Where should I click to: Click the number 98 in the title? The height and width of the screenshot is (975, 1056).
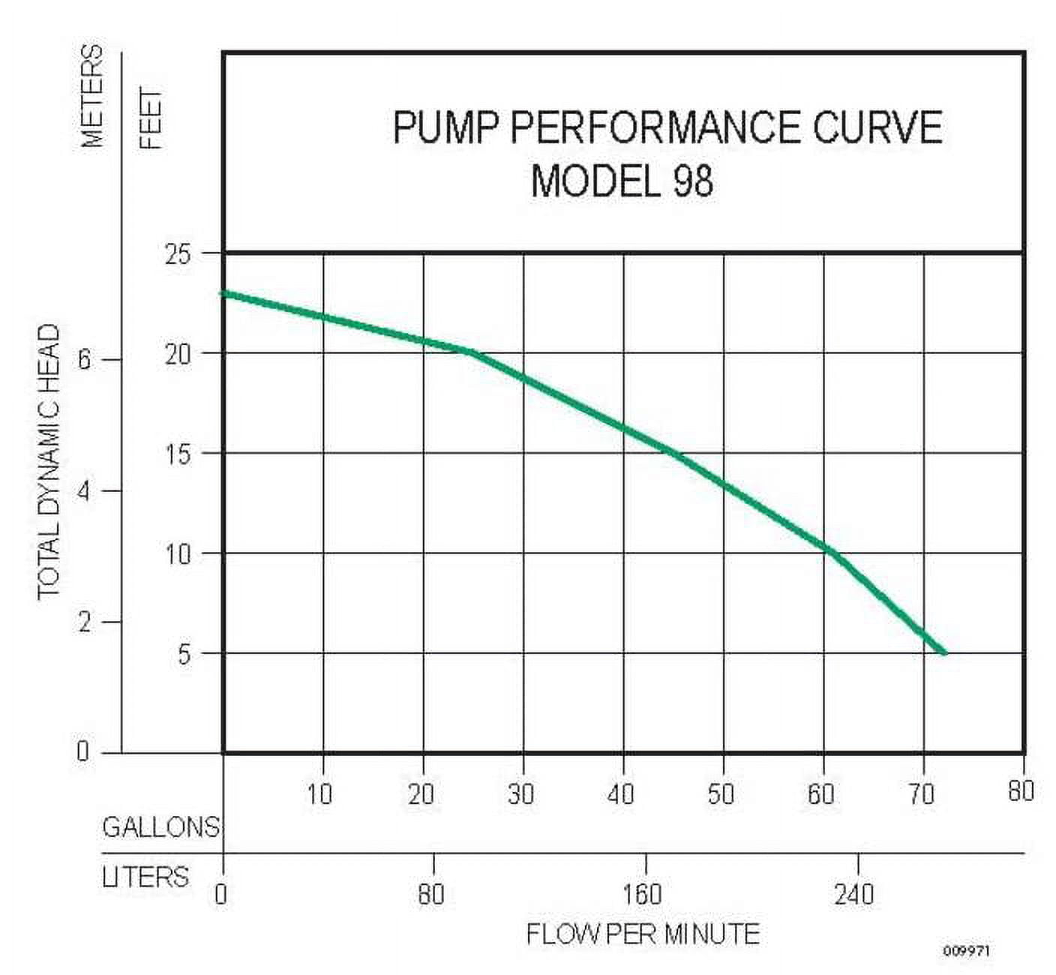click(x=692, y=181)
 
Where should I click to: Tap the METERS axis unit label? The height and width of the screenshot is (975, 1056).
click(x=91, y=95)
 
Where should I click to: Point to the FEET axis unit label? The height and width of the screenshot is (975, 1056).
click(x=151, y=118)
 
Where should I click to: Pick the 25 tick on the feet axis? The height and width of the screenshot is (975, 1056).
click(x=178, y=253)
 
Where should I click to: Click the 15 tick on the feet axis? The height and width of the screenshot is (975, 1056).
click(x=178, y=454)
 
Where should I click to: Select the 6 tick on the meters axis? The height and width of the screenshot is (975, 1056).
click(x=84, y=360)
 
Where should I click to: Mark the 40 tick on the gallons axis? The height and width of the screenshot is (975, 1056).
click(x=621, y=793)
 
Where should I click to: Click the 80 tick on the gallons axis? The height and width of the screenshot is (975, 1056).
click(x=1021, y=790)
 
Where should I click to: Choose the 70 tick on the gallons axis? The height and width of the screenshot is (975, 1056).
click(x=921, y=793)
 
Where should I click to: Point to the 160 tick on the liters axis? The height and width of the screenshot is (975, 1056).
click(x=643, y=894)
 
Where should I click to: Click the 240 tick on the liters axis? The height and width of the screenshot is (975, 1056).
click(x=854, y=894)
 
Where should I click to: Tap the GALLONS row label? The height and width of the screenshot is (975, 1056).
click(x=160, y=827)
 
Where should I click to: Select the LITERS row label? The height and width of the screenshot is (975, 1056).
click(x=145, y=877)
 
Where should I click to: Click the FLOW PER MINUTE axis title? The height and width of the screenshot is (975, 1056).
click(x=643, y=934)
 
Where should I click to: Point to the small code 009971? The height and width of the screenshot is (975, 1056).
click(x=967, y=951)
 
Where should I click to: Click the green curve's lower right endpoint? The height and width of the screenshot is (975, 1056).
click(x=944, y=652)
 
